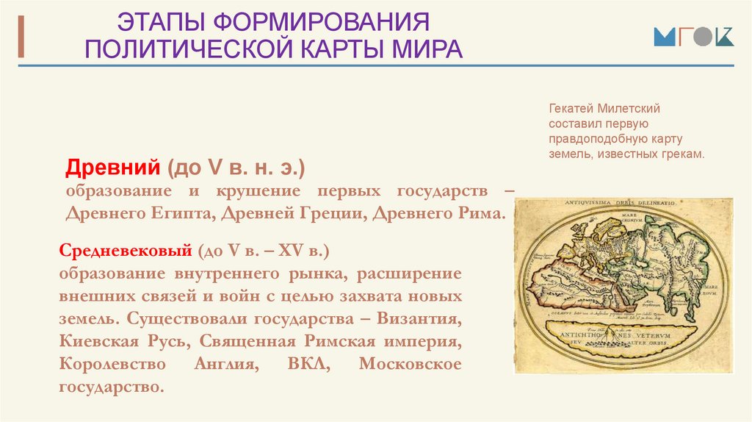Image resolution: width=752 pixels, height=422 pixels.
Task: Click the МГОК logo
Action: (693, 37)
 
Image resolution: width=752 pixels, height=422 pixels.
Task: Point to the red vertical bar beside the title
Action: (21, 35)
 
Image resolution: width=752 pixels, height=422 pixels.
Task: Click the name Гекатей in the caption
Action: (571, 108)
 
